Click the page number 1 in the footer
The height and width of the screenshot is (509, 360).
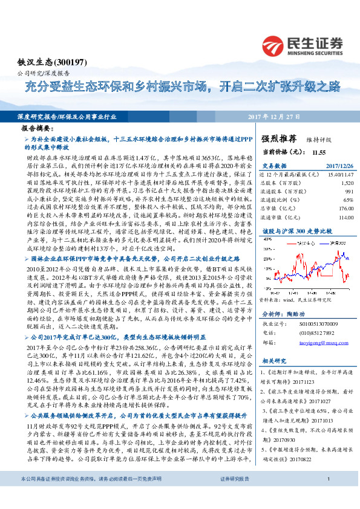327,495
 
